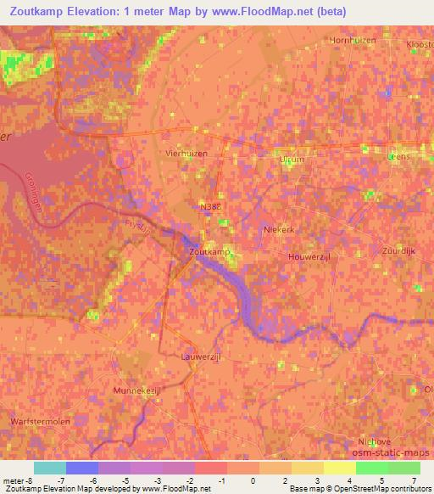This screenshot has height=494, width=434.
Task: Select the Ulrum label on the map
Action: click(x=291, y=158)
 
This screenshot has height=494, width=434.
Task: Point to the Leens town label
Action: click(x=398, y=156)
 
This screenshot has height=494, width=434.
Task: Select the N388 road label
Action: click(x=210, y=205)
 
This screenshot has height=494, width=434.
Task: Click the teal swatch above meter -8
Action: click(x=50, y=468)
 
